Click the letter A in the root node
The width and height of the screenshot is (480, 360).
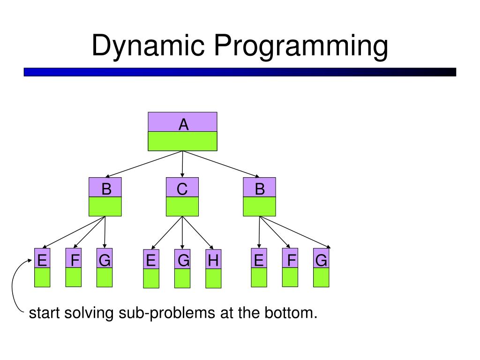point(183,125)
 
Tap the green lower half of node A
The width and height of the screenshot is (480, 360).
point(183,141)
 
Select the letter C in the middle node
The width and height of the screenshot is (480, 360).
point(182,189)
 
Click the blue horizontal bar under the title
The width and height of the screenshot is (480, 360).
point(240,72)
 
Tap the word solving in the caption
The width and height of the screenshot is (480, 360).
point(88,313)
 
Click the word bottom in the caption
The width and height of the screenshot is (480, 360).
point(292,313)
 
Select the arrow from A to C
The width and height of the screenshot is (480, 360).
point(182,164)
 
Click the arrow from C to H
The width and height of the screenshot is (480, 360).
point(198,232)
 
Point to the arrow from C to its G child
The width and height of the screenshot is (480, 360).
point(182,232)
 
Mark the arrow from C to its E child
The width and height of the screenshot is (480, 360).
point(167,232)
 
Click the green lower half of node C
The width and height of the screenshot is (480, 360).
point(182,206)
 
